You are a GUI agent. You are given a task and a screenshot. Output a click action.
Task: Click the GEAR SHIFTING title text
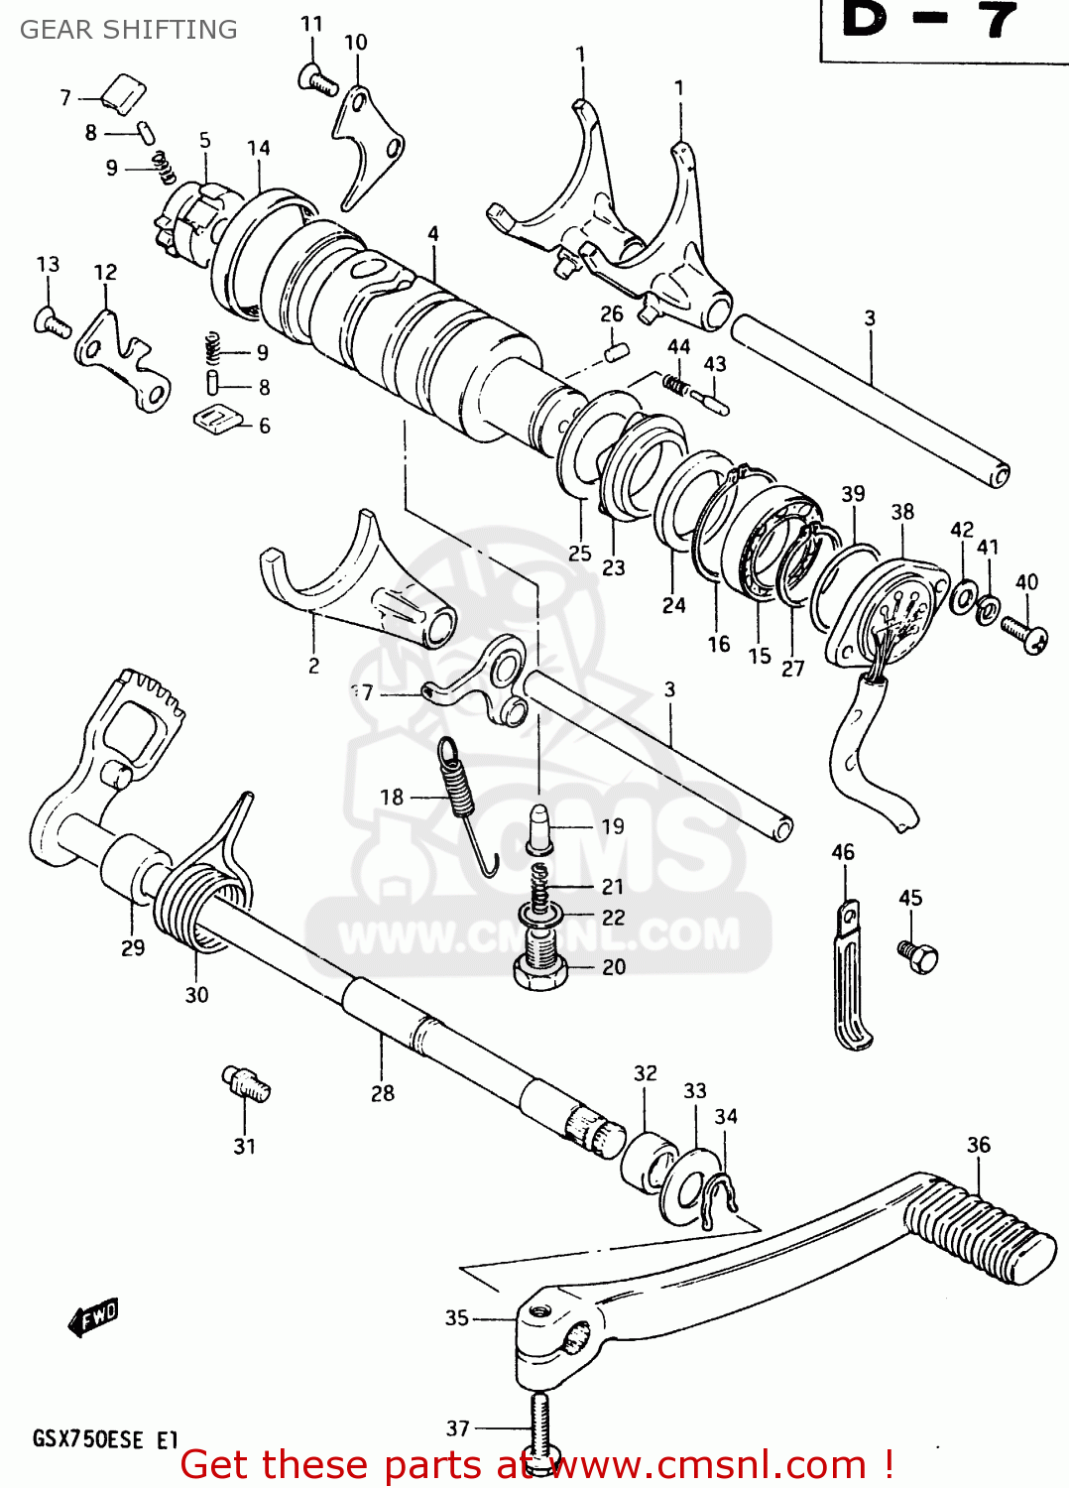click(129, 30)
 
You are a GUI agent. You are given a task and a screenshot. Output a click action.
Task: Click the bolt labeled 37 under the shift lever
click(539, 1428)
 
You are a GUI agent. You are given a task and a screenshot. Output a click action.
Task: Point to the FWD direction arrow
click(93, 1318)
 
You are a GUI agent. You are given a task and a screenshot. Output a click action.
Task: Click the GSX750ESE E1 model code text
click(105, 1439)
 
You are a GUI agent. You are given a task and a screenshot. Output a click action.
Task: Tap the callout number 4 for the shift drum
click(433, 234)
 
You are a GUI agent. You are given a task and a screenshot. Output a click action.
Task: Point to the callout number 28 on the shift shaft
click(383, 1093)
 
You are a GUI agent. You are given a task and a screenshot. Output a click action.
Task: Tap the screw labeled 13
click(52, 322)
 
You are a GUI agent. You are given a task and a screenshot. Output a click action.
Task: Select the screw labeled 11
click(317, 78)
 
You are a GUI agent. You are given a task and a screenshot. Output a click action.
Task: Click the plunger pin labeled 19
click(540, 828)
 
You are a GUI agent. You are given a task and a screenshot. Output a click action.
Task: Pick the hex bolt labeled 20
click(539, 962)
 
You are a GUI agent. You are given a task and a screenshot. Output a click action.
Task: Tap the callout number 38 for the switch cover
click(902, 512)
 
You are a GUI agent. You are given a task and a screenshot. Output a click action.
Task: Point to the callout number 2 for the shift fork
click(313, 666)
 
